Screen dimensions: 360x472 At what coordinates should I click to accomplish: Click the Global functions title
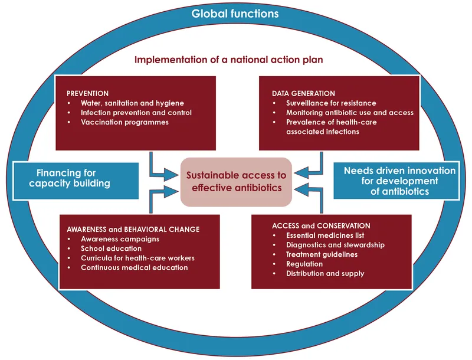[x=235, y=13]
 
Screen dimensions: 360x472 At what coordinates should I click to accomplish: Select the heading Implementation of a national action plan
[x=229, y=60]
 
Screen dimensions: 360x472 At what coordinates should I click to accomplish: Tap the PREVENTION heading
[x=87, y=93]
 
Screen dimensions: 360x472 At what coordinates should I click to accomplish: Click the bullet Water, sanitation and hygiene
[x=133, y=103]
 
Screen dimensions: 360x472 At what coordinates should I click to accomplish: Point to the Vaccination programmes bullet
[x=125, y=122]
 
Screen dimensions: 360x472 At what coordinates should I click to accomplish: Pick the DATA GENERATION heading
[x=303, y=93]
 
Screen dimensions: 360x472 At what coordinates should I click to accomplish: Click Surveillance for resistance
[x=331, y=103]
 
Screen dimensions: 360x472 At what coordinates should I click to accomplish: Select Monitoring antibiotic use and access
[x=350, y=113]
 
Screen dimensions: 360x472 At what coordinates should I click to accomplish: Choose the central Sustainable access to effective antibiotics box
[x=236, y=182]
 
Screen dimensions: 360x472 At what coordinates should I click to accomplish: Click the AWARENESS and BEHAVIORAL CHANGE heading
[x=133, y=230]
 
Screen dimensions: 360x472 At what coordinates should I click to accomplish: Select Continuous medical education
[x=135, y=267]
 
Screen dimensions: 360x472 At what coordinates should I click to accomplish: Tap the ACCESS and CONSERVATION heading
[x=321, y=226]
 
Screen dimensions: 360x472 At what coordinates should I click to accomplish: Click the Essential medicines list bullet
[x=333, y=235]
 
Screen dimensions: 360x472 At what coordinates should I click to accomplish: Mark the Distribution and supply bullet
[x=325, y=273]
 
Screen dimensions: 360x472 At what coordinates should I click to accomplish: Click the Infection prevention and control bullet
[x=136, y=113]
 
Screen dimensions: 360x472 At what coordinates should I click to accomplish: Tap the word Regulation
[x=304, y=264]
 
